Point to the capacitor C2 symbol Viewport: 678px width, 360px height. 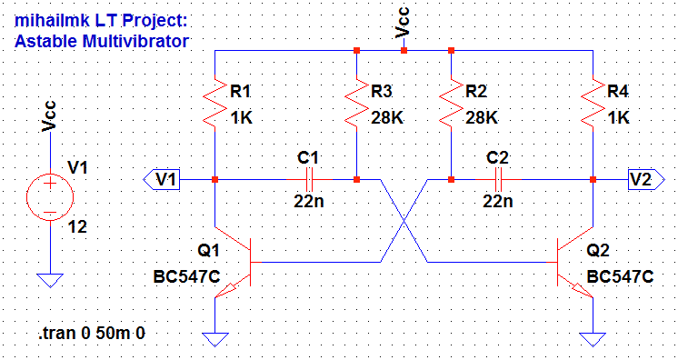coord(498,179)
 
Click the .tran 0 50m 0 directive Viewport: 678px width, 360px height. coord(92,333)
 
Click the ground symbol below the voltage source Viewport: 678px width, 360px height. coord(49,279)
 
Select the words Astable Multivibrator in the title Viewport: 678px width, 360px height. coord(102,41)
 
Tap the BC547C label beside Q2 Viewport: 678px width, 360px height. coord(620,277)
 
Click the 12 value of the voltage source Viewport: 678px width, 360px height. coord(78,227)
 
